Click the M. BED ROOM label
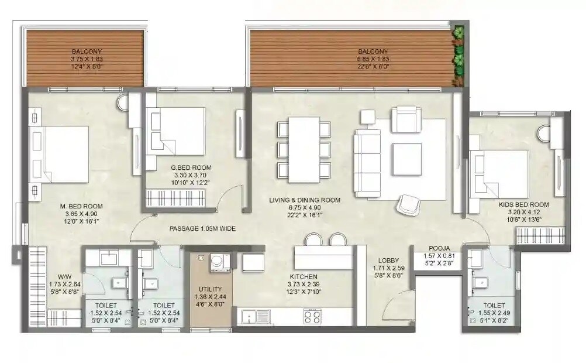point(82,206)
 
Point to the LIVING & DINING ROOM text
point(305,200)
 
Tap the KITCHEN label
point(304,276)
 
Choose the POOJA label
point(439,248)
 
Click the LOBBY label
point(388,261)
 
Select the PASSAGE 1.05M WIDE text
point(202,229)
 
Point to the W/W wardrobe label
point(65,276)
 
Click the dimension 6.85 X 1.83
point(373,59)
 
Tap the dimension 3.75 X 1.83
point(87,59)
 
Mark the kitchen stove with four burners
point(311,317)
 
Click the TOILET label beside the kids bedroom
point(494,305)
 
